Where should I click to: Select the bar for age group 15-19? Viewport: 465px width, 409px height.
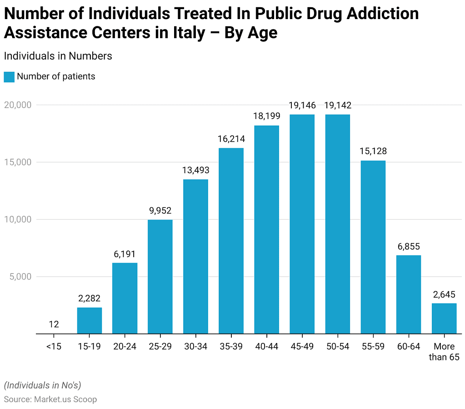pos(89,320)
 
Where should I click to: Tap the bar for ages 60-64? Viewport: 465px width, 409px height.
pos(408,294)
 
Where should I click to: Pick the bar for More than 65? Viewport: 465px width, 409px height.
pos(444,318)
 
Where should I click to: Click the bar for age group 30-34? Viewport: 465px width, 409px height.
pos(195,256)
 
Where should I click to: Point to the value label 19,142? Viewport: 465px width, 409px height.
pos(337,105)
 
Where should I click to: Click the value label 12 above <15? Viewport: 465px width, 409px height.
pos(54,324)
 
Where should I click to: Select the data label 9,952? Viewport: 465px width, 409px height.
pos(160,210)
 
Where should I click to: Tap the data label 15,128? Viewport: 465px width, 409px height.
pos(373,151)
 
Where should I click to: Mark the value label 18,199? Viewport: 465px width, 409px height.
pos(266,116)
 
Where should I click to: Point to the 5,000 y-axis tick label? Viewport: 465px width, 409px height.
pos(20,277)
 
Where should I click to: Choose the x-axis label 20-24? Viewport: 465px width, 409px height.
pos(125,347)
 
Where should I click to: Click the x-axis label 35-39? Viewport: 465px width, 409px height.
pos(231,347)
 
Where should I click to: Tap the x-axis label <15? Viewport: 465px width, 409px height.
pos(54,347)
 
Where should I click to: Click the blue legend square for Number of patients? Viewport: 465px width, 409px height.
pos(9,77)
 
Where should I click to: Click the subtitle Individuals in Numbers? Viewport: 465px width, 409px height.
pos(58,56)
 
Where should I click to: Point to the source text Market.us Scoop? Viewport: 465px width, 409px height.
pos(65,399)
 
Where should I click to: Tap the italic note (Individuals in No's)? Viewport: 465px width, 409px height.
pos(42,385)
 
